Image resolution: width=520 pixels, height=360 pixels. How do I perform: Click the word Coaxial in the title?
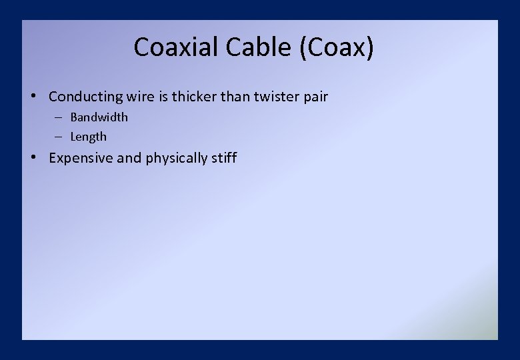click(177, 47)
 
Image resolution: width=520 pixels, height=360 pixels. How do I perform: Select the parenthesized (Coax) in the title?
click(337, 48)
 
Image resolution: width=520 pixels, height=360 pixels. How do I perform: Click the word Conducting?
click(86, 97)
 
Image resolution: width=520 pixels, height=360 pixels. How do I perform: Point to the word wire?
click(141, 97)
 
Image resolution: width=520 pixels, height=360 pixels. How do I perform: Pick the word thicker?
click(194, 97)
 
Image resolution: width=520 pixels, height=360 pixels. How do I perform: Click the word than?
click(235, 97)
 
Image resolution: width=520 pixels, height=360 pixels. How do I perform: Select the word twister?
click(277, 97)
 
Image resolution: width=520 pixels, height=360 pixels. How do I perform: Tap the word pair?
click(316, 97)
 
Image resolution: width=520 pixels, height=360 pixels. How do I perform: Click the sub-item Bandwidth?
click(99, 117)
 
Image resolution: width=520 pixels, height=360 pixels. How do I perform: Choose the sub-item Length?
click(89, 137)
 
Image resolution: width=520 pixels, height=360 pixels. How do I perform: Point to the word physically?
click(177, 159)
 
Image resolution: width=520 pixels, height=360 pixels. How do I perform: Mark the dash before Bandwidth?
click(59, 117)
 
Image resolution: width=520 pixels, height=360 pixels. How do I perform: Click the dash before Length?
click(59, 137)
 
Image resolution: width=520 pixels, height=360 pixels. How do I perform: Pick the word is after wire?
click(163, 97)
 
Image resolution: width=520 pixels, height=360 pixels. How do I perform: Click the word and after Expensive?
click(129, 158)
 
